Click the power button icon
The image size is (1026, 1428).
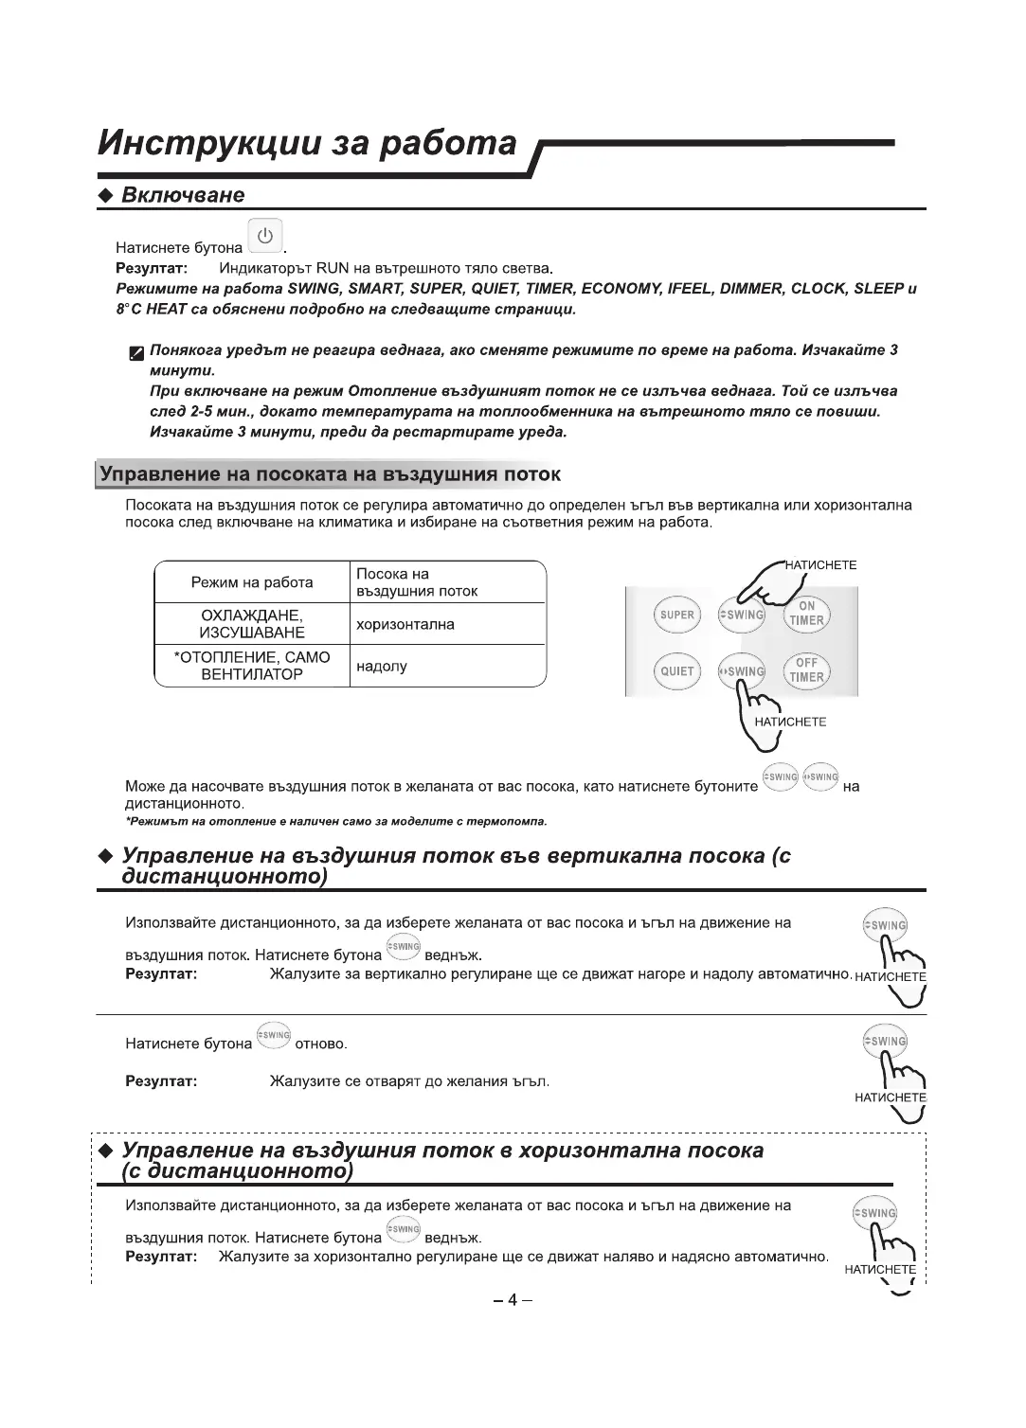point(265,236)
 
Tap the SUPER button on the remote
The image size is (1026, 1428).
point(676,616)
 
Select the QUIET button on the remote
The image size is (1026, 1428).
point(676,671)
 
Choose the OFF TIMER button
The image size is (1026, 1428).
point(806,670)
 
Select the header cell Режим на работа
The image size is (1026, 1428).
point(252,582)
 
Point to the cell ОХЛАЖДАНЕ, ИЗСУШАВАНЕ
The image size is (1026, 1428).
point(252,624)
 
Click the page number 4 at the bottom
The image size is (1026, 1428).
point(512,1300)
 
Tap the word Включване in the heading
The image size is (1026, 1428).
point(183,195)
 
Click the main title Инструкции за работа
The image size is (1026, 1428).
point(308,143)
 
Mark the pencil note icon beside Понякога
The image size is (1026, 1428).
point(137,354)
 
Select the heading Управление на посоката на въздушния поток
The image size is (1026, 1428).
point(331,473)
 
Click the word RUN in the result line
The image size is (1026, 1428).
point(333,268)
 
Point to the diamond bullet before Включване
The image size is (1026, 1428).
point(106,196)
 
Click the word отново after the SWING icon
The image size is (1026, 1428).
point(321,1044)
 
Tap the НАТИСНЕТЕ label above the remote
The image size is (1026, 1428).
point(821,565)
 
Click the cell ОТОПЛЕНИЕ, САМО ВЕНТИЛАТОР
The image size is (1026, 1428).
point(252,666)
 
